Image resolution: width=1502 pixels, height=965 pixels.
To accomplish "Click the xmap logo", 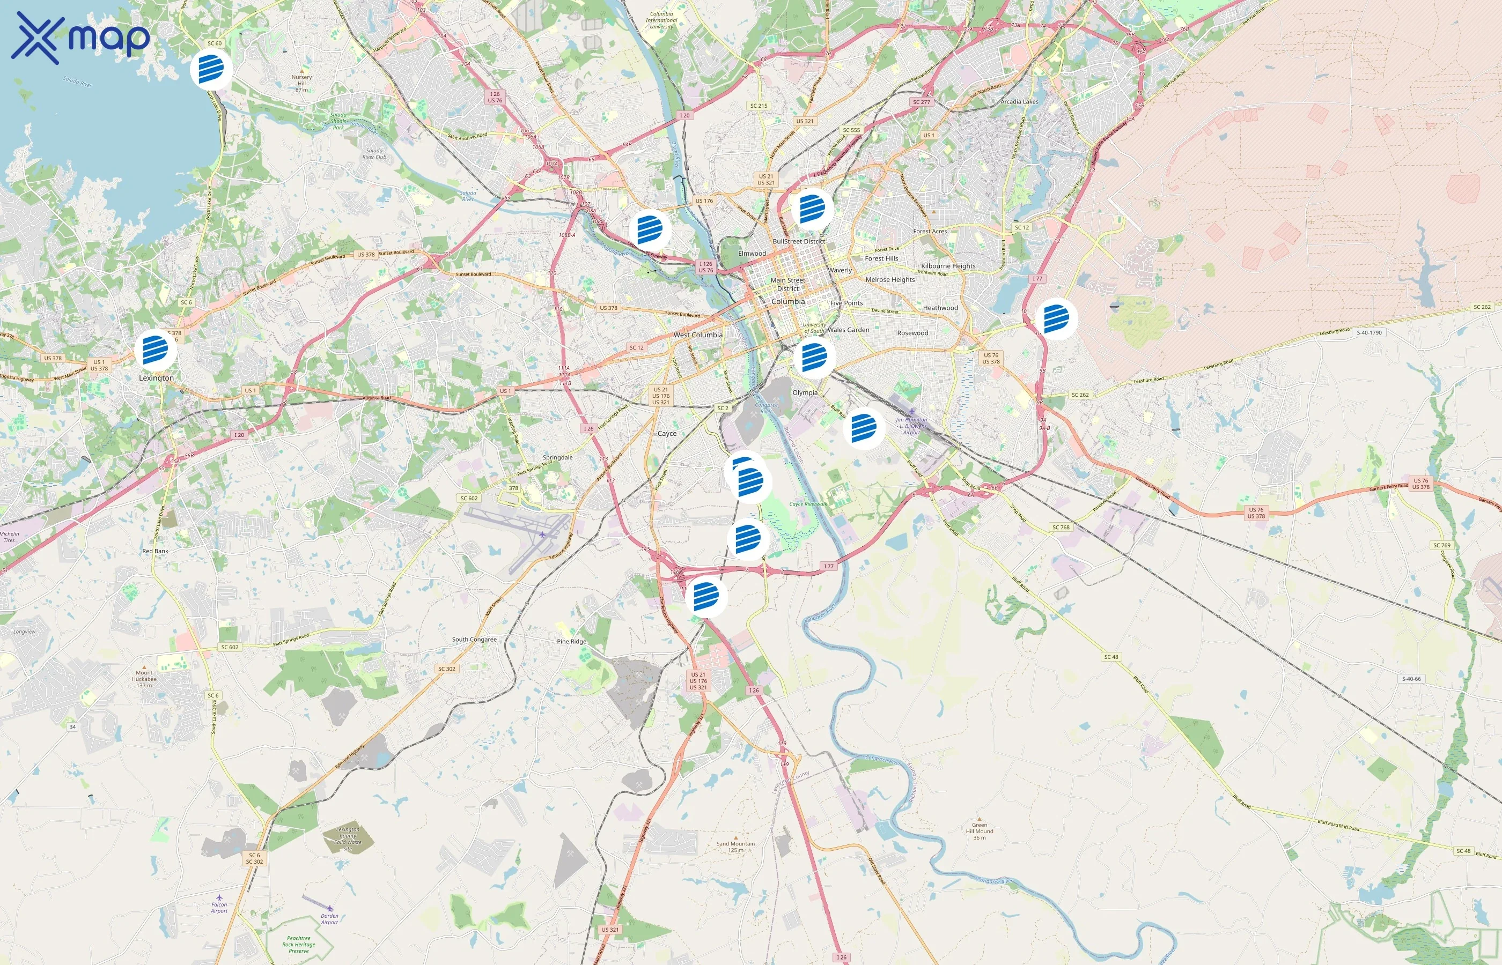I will coord(80,38).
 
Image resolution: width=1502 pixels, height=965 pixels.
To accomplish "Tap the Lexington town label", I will coord(156,378).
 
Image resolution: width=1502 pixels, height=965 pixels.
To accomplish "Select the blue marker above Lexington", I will coord(156,350).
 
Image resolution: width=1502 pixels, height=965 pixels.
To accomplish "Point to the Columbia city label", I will coord(788,301).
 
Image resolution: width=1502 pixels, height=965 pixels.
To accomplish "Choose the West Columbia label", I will coord(698,335).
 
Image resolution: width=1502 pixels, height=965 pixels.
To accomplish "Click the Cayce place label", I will coord(667,434).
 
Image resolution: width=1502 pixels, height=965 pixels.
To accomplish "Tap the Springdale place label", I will coord(557,457).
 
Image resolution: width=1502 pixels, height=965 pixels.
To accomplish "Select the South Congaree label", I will coord(474,640).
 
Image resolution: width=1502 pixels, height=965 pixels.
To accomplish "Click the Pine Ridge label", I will coord(572,642).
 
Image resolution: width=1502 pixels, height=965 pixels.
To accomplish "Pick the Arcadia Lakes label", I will coord(1019,101).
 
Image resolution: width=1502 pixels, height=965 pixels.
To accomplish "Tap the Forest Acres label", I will coord(930,231).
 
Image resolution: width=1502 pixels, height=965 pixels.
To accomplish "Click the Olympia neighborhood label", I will coord(805,393).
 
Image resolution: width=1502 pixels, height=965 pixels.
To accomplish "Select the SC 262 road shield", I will coord(1482,307).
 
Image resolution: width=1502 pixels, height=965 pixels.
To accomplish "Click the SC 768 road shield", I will coord(1061,527).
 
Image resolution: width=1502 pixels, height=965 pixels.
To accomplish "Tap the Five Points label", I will coord(846,303).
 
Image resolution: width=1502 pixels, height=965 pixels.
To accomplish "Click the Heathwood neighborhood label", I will coord(940,308).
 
